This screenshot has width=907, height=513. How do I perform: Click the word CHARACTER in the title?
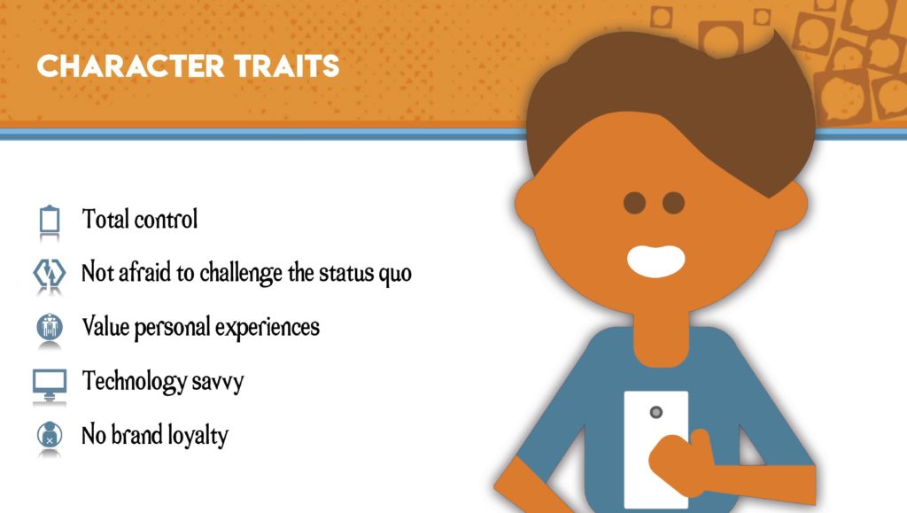coord(130,66)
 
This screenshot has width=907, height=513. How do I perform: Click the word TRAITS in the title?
coord(286,66)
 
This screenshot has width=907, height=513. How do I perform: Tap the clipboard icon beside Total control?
coord(50,219)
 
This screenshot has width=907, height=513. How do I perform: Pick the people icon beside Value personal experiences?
coord(50,327)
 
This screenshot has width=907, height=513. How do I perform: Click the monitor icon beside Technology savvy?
coord(50,384)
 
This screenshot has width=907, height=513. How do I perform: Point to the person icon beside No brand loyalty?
coord(50,435)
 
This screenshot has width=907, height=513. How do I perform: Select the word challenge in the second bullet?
coord(241,273)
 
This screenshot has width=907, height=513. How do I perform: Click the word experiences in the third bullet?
coord(267,328)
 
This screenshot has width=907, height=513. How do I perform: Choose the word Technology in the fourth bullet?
coord(135,382)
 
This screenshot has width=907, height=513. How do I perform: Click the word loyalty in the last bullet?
coord(198,436)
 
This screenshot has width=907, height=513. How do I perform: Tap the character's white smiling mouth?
coord(656,260)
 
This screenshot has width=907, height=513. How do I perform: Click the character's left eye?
coord(634,203)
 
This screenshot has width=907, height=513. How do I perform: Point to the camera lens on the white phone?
coord(656,412)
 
